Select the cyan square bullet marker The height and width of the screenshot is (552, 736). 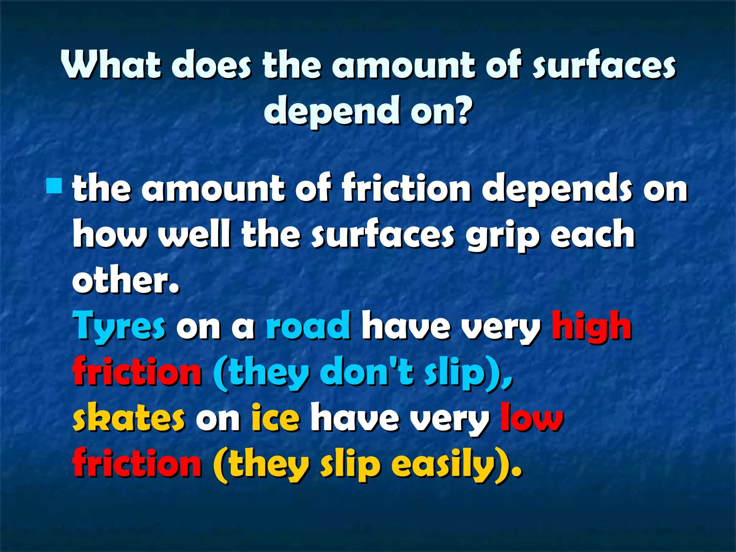tap(54, 186)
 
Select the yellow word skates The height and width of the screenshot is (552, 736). tap(129, 418)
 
